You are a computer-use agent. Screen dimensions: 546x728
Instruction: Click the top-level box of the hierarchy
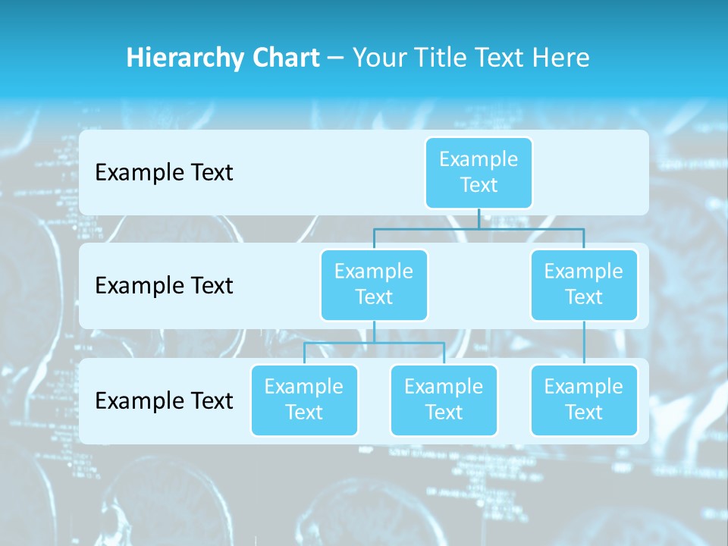tap(479, 172)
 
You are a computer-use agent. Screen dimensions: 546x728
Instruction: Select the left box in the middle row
tap(374, 284)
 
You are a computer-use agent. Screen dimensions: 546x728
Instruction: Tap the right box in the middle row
tap(584, 284)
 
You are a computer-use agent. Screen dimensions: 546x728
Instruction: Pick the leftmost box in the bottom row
tap(304, 400)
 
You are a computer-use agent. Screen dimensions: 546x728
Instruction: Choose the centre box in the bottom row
tap(444, 400)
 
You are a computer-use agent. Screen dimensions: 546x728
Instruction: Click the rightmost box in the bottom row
tap(584, 400)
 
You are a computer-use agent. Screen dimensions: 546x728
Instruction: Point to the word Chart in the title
tap(282, 58)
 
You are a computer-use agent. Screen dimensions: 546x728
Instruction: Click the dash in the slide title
tap(336, 59)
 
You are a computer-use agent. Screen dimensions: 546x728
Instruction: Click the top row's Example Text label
tap(164, 172)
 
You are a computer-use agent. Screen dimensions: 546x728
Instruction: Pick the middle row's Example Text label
tap(164, 285)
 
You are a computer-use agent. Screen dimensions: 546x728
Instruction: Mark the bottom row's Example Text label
tap(164, 400)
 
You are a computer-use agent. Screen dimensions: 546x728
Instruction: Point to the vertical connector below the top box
tap(479, 218)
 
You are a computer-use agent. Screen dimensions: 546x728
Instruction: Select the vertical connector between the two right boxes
tap(584, 343)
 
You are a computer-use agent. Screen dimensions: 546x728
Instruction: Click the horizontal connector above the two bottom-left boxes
tap(374, 343)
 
